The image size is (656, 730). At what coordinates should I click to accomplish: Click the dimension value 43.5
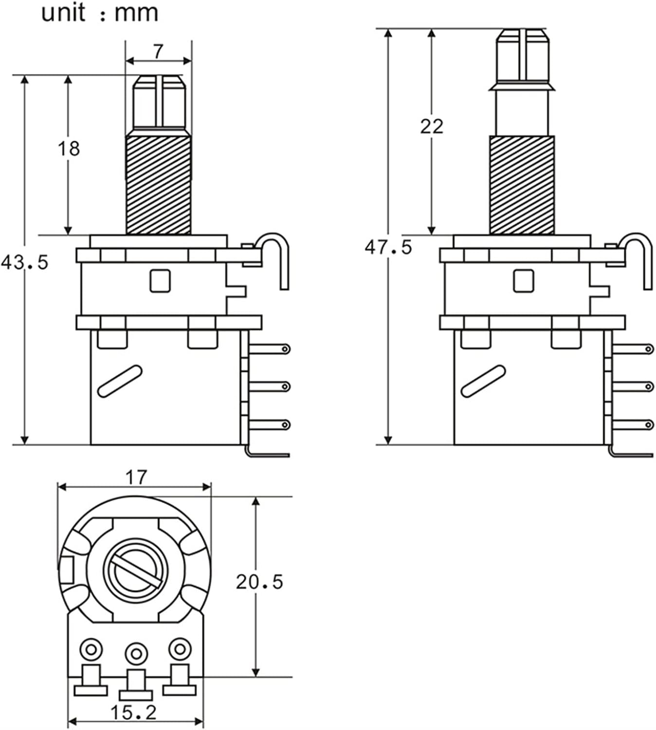pyautogui.click(x=25, y=263)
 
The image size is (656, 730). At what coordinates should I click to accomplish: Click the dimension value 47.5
pyautogui.click(x=388, y=248)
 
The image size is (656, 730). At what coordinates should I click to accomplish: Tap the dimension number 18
pyautogui.click(x=68, y=148)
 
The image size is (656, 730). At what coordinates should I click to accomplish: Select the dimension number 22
pyautogui.click(x=432, y=127)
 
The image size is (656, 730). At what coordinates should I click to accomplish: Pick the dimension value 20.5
pyautogui.click(x=259, y=582)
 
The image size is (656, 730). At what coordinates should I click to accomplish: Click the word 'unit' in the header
pyautogui.click(x=63, y=13)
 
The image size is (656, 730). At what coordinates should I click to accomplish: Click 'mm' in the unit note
pyautogui.click(x=136, y=14)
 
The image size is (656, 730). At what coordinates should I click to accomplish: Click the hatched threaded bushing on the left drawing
pyautogui.click(x=158, y=185)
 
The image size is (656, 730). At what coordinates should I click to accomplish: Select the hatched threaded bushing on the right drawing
pyautogui.click(x=521, y=185)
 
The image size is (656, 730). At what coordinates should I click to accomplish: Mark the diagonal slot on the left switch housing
pyautogui.click(x=120, y=381)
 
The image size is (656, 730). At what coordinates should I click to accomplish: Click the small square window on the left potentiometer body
pyautogui.click(x=160, y=281)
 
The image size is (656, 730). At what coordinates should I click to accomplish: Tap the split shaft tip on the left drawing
pyautogui.click(x=160, y=102)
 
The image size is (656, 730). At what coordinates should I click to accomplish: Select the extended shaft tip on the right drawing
pyautogui.click(x=522, y=56)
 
